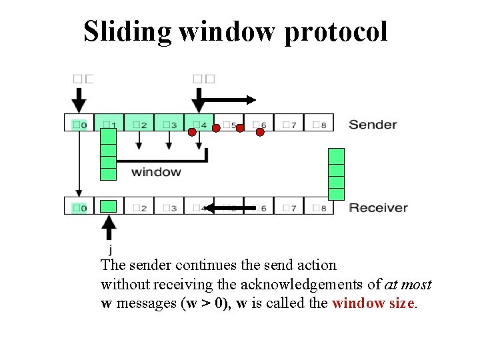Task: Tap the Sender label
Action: click(x=373, y=124)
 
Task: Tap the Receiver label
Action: click(x=378, y=207)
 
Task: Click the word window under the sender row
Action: click(x=156, y=172)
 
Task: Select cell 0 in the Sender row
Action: click(x=79, y=123)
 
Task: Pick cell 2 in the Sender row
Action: click(x=139, y=123)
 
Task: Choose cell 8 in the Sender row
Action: click(x=319, y=123)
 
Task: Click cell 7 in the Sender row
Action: click(x=289, y=123)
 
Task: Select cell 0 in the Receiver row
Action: click(x=79, y=207)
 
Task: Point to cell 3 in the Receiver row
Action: click(x=169, y=207)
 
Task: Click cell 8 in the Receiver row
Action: click(x=319, y=207)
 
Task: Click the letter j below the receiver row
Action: click(x=109, y=250)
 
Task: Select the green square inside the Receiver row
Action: click(x=109, y=206)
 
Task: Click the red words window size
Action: click(x=375, y=303)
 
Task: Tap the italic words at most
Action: click(x=408, y=285)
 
